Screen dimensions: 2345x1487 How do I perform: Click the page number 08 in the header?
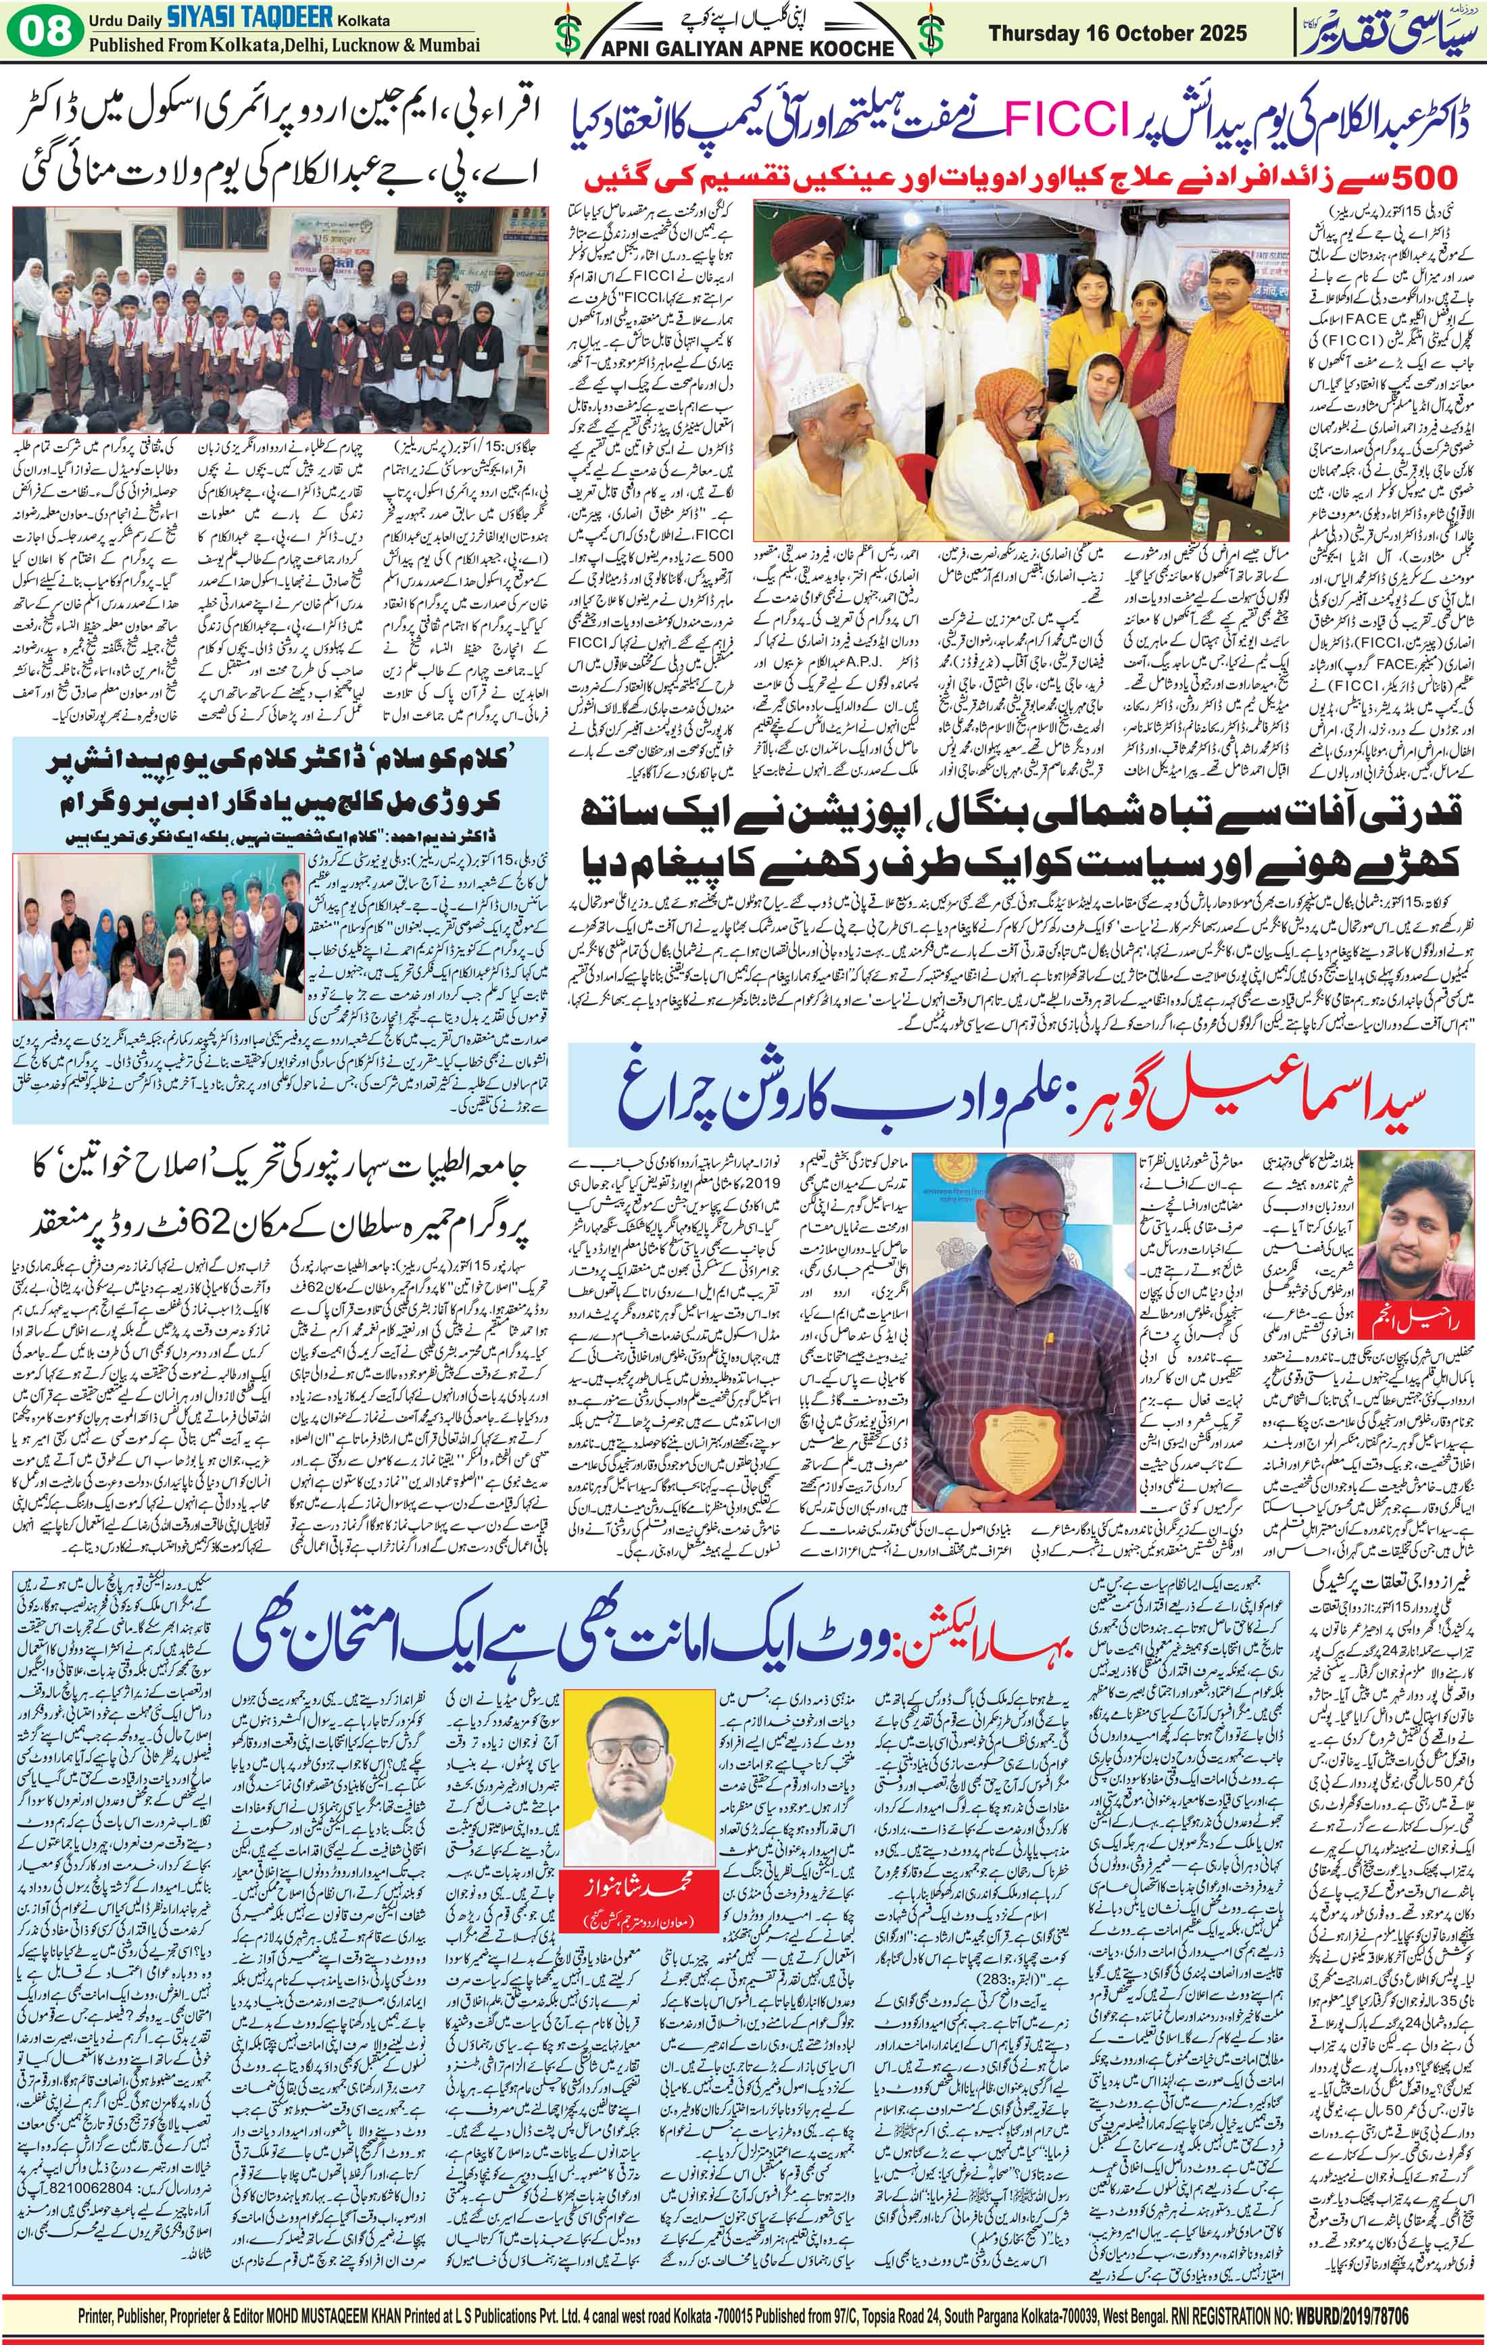click(x=44, y=31)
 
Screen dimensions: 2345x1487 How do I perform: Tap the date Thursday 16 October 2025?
click(x=1117, y=33)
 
